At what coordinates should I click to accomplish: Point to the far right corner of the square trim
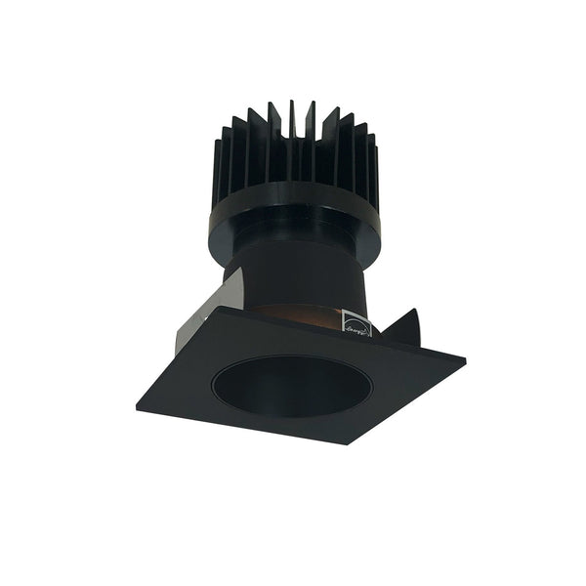click(464, 364)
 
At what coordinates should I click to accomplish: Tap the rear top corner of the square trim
click(227, 310)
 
